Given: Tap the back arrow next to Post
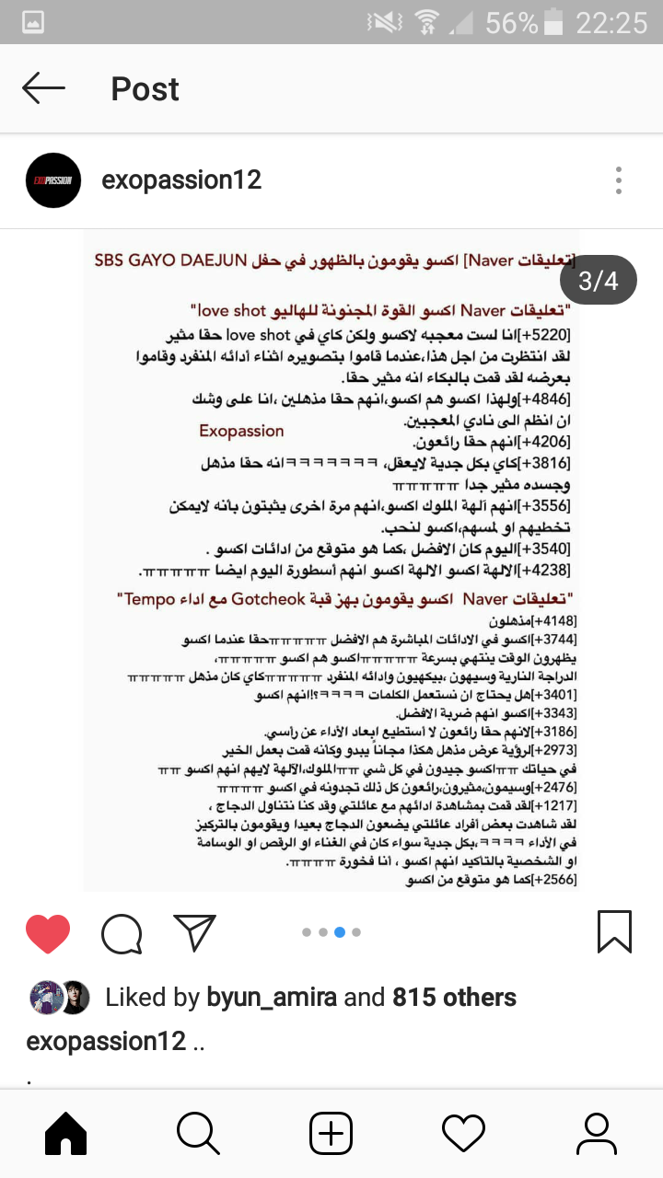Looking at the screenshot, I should point(43,88).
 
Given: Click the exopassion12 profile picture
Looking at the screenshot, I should point(53,179).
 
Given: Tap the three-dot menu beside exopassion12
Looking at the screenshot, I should point(619,179).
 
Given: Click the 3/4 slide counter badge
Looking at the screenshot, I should point(598,280).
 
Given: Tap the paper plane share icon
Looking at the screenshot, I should point(193,932).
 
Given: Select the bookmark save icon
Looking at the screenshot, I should point(614,931).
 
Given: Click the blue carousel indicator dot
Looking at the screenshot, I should point(340,932).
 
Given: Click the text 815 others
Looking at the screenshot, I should point(454,997).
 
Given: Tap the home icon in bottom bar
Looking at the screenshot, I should point(66,1133).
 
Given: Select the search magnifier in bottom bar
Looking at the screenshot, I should point(198,1133).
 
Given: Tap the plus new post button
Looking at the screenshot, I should point(331,1133).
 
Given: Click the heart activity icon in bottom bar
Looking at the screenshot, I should point(463,1133).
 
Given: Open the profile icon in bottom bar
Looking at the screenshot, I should point(596,1133).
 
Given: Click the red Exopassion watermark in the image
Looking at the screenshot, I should point(241,431).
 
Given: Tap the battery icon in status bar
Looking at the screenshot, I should point(553,22).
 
